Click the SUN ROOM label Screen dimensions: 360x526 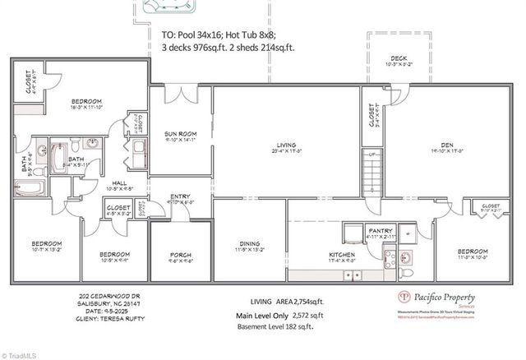(180, 132)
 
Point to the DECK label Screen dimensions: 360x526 (399, 58)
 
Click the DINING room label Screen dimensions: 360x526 (249, 244)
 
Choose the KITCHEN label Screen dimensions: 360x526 (341, 256)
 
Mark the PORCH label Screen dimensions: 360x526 (180, 255)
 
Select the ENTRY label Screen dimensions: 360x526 (180, 196)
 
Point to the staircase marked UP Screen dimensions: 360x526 (373, 169)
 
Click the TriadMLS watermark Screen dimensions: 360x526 (21, 353)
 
